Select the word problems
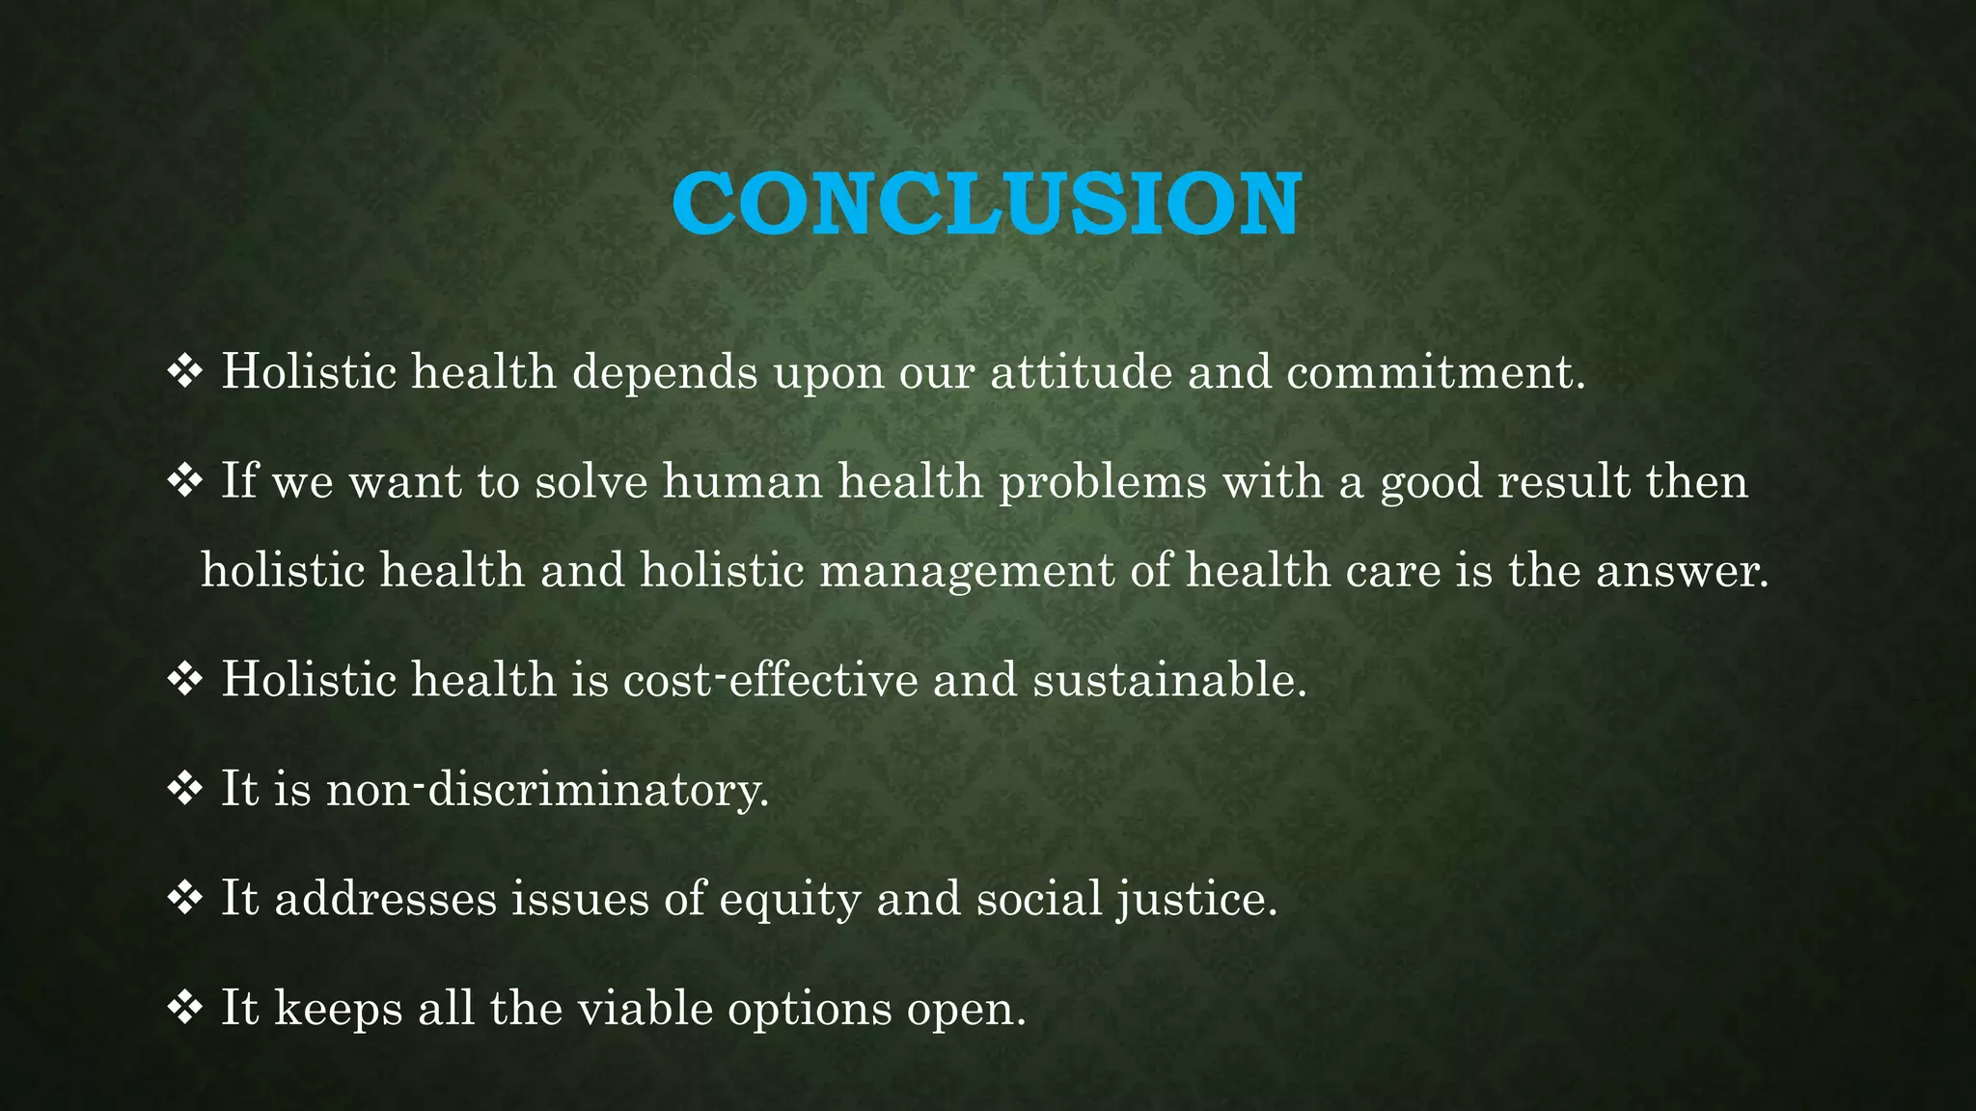(1102, 482)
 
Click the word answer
(1682, 571)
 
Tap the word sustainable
(1169, 680)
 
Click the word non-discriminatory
(547, 790)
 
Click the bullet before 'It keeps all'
(184, 1009)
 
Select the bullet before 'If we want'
(184, 480)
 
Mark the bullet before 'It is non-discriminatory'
(184, 790)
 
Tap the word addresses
(385, 899)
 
